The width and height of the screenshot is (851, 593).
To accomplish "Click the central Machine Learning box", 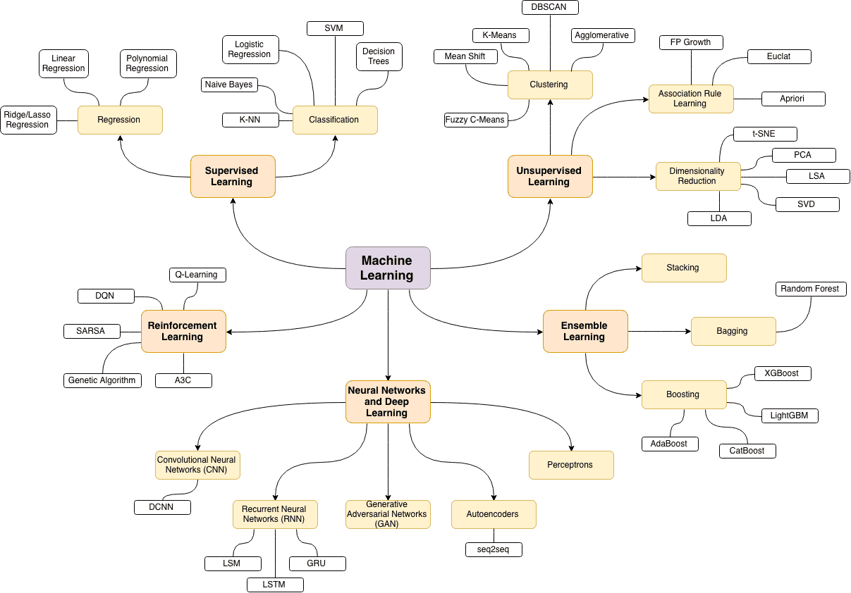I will point(388,268).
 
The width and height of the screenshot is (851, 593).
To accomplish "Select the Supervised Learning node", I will point(232,176).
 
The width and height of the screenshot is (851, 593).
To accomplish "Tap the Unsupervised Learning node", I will point(549,176).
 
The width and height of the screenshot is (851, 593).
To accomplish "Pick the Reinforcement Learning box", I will point(183,331).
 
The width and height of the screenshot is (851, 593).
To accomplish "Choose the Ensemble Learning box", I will point(584,331).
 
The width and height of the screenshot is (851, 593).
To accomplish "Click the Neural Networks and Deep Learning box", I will point(388,401).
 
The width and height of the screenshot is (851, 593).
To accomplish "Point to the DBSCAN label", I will point(550,7).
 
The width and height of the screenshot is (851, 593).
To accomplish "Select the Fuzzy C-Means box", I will point(475,120).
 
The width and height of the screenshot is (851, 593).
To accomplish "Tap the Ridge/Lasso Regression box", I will point(28,120).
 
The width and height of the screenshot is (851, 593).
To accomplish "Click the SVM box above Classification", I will point(335,28).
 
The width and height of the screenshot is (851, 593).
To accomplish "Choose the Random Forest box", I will point(810,289).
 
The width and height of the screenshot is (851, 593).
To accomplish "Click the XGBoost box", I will point(782,373).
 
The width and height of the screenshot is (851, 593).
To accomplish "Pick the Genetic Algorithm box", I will point(102,380).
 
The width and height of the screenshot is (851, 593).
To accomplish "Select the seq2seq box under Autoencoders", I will point(494,549).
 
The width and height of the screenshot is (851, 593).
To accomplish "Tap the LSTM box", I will point(275,585).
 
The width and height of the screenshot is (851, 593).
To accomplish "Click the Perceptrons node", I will point(571,465).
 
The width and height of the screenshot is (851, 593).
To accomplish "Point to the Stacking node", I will point(683,268).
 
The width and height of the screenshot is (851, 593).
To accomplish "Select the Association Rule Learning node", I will point(690,99).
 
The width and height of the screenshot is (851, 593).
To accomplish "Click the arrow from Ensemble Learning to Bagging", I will point(659,331).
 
